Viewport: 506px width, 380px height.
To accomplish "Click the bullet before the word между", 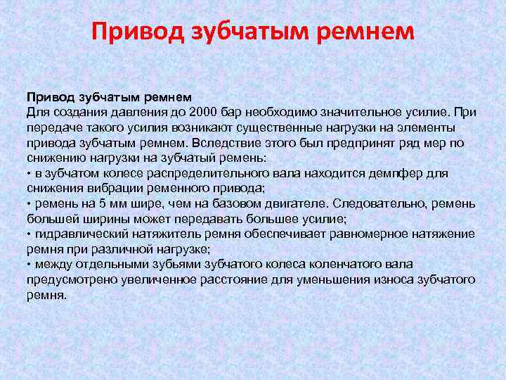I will click(x=30, y=265).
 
